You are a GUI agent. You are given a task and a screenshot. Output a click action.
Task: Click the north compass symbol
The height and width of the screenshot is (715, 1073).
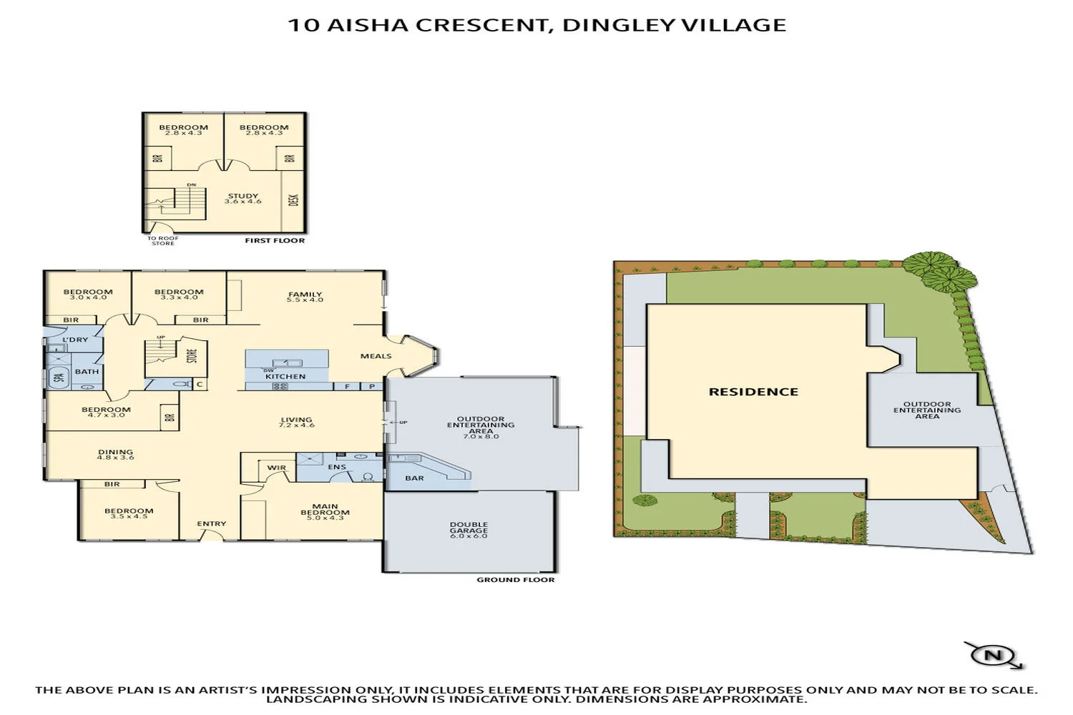point(994,655)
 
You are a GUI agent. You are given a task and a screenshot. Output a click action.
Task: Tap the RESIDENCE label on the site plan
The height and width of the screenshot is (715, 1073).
point(753,392)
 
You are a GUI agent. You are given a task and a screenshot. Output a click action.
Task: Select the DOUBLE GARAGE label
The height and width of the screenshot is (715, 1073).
point(469,529)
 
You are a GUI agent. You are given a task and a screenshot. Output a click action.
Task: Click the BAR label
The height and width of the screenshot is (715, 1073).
point(415,478)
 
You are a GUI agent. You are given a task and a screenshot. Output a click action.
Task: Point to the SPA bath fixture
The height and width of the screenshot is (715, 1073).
point(59,377)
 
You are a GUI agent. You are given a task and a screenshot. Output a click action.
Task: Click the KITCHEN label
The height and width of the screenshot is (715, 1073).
point(285,376)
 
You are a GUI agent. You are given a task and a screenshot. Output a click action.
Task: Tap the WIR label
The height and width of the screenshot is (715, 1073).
point(276,468)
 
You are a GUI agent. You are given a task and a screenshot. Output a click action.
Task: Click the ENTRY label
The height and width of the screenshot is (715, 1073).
point(212,523)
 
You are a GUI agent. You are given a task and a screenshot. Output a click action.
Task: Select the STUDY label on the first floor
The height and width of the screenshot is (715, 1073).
point(243,196)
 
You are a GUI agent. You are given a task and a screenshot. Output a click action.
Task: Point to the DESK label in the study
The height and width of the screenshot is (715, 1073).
point(293,200)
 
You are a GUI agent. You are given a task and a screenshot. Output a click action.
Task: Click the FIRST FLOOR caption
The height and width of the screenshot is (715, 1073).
point(275,240)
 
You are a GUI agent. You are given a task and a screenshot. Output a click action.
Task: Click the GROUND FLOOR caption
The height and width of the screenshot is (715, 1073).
point(516,579)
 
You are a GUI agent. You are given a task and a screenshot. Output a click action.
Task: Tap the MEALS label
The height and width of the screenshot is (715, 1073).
point(376,355)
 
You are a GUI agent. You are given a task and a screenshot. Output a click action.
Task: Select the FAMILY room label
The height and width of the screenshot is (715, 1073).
point(305,294)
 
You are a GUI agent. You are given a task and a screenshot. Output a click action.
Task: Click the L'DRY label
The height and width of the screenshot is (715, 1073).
point(75,340)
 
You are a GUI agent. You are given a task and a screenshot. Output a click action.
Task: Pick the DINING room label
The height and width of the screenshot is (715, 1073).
point(115,452)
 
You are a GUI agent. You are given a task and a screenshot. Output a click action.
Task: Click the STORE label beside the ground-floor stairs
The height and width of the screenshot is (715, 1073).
point(192,355)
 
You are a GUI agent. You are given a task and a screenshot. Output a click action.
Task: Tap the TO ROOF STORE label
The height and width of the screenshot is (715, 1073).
point(163,241)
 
